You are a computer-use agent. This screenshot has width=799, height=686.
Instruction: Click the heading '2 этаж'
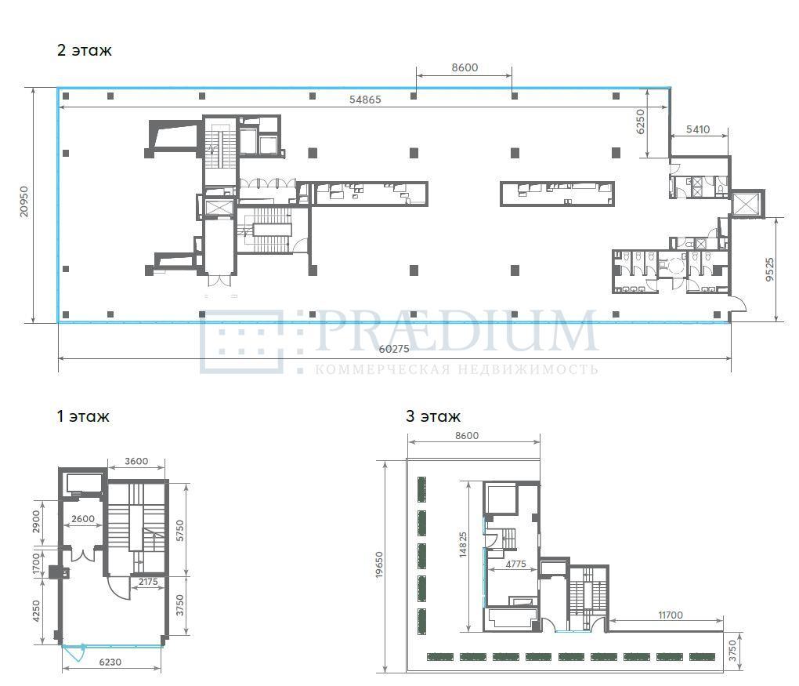click(84, 50)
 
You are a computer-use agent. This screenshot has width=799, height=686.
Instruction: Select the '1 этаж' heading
click(83, 416)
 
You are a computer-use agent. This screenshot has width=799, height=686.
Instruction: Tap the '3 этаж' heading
click(433, 416)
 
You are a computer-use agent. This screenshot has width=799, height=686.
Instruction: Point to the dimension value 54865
click(365, 100)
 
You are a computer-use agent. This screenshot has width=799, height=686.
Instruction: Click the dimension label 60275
click(394, 349)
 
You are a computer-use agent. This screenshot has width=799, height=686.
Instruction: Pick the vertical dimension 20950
click(24, 201)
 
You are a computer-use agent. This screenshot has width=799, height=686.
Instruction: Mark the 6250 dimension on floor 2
click(641, 122)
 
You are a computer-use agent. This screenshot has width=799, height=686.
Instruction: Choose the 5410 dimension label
click(698, 129)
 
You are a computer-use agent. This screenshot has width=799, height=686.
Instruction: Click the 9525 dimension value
click(769, 269)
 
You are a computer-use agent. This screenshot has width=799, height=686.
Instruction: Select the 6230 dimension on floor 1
click(110, 662)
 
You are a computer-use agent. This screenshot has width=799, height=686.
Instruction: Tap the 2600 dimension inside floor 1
click(82, 519)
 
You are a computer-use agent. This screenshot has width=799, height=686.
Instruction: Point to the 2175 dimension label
click(148, 582)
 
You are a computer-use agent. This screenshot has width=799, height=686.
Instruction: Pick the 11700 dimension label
click(670, 615)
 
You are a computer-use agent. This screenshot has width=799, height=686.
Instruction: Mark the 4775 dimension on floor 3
click(515, 564)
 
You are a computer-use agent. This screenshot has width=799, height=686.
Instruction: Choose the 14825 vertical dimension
click(463, 545)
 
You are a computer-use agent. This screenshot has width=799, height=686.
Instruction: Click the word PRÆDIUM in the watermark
click(456, 332)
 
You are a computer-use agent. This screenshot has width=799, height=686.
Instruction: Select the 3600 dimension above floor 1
click(136, 461)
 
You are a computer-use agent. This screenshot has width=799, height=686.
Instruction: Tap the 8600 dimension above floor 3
click(467, 436)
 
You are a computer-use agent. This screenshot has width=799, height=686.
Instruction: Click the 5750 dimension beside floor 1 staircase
click(180, 531)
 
